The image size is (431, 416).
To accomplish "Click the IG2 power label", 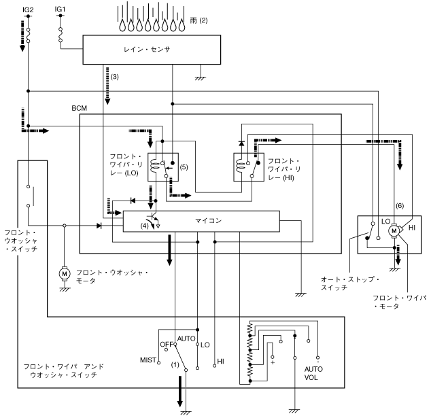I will pos(29,9).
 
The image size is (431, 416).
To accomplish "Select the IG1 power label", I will pos(60,9).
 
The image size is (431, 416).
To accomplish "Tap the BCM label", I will pos(80,108).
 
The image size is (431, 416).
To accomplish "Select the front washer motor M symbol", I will pos(65,273).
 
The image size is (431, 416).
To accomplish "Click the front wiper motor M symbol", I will pos(392,231).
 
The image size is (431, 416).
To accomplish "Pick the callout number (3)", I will pos(114,77).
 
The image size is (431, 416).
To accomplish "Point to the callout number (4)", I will pos(145,225).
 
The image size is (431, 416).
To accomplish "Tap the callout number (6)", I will pos(399,206).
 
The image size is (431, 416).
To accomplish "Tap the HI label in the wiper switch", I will pos(220,361).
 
